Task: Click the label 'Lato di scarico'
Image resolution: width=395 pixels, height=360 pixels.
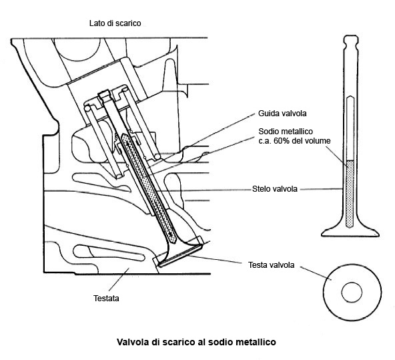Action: pos(115,23)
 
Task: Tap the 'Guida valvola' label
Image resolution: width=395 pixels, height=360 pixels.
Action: pos(282,114)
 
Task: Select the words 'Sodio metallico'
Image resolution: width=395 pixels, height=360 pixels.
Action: pos(286,132)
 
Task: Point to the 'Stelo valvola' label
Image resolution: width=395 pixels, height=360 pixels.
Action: pos(275,189)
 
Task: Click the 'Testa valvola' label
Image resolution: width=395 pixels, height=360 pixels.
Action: pos(272,265)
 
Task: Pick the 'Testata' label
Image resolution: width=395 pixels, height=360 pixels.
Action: pos(106,299)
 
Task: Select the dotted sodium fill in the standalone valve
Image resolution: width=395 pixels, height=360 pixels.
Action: pos(350,194)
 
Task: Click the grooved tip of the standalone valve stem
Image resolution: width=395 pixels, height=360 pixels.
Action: pos(351,42)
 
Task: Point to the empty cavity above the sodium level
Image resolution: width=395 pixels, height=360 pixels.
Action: pos(350,128)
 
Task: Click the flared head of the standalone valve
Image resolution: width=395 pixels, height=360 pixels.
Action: pos(350,232)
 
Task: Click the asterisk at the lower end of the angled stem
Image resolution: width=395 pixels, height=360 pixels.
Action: pos(171,235)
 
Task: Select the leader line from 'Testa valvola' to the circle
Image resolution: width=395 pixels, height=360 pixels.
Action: pos(316,273)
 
